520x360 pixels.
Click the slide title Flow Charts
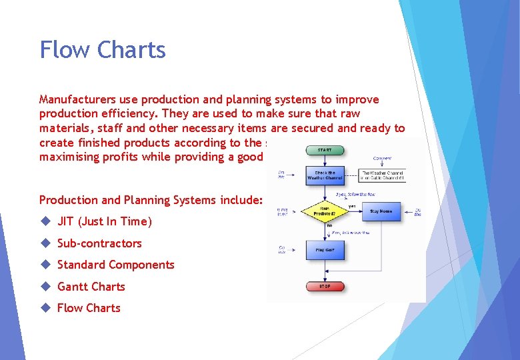click(102, 50)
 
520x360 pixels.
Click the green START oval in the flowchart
click(325, 150)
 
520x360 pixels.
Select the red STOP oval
click(325, 286)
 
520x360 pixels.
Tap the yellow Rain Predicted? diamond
click(325, 212)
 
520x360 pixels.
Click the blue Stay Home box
click(381, 211)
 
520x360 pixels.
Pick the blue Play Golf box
click(325, 249)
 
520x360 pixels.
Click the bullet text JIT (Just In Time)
click(105, 221)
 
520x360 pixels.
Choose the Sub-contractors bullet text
click(99, 243)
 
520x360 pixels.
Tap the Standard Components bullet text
click(115, 265)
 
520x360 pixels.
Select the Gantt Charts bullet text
click(91, 287)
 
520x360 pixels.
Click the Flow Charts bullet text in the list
click(89, 308)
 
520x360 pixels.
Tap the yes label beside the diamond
click(352, 205)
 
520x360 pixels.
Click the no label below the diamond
click(329, 226)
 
